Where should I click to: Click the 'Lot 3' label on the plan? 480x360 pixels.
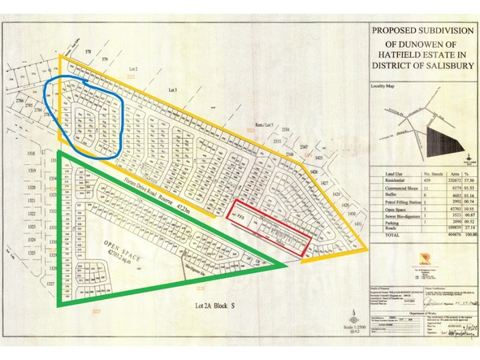172,89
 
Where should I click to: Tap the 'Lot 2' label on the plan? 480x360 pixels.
133,72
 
